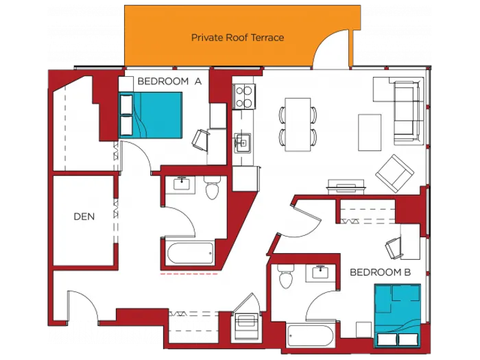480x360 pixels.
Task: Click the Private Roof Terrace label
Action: tap(237, 37)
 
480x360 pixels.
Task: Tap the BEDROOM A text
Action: tap(169, 81)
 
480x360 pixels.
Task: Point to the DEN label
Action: tap(84, 217)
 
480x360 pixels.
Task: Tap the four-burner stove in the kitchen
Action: tap(243, 96)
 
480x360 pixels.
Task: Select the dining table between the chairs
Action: tap(298, 124)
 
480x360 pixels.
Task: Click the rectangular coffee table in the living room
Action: tap(370, 132)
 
